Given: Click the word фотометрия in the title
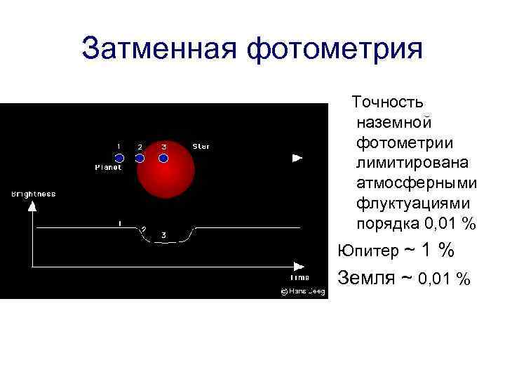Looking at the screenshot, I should (337, 50).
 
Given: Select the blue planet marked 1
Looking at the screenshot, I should (119, 158).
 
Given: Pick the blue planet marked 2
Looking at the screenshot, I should (140, 158).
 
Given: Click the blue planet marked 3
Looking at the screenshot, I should (163, 158).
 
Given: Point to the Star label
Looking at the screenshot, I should (201, 147).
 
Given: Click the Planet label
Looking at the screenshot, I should (108, 168).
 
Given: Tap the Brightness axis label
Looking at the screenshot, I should (33, 194).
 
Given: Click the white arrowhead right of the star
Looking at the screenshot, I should (297, 158).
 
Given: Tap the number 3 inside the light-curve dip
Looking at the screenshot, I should (163, 235).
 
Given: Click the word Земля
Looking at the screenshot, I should (365, 278).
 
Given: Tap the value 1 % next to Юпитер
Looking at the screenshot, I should (438, 250).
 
